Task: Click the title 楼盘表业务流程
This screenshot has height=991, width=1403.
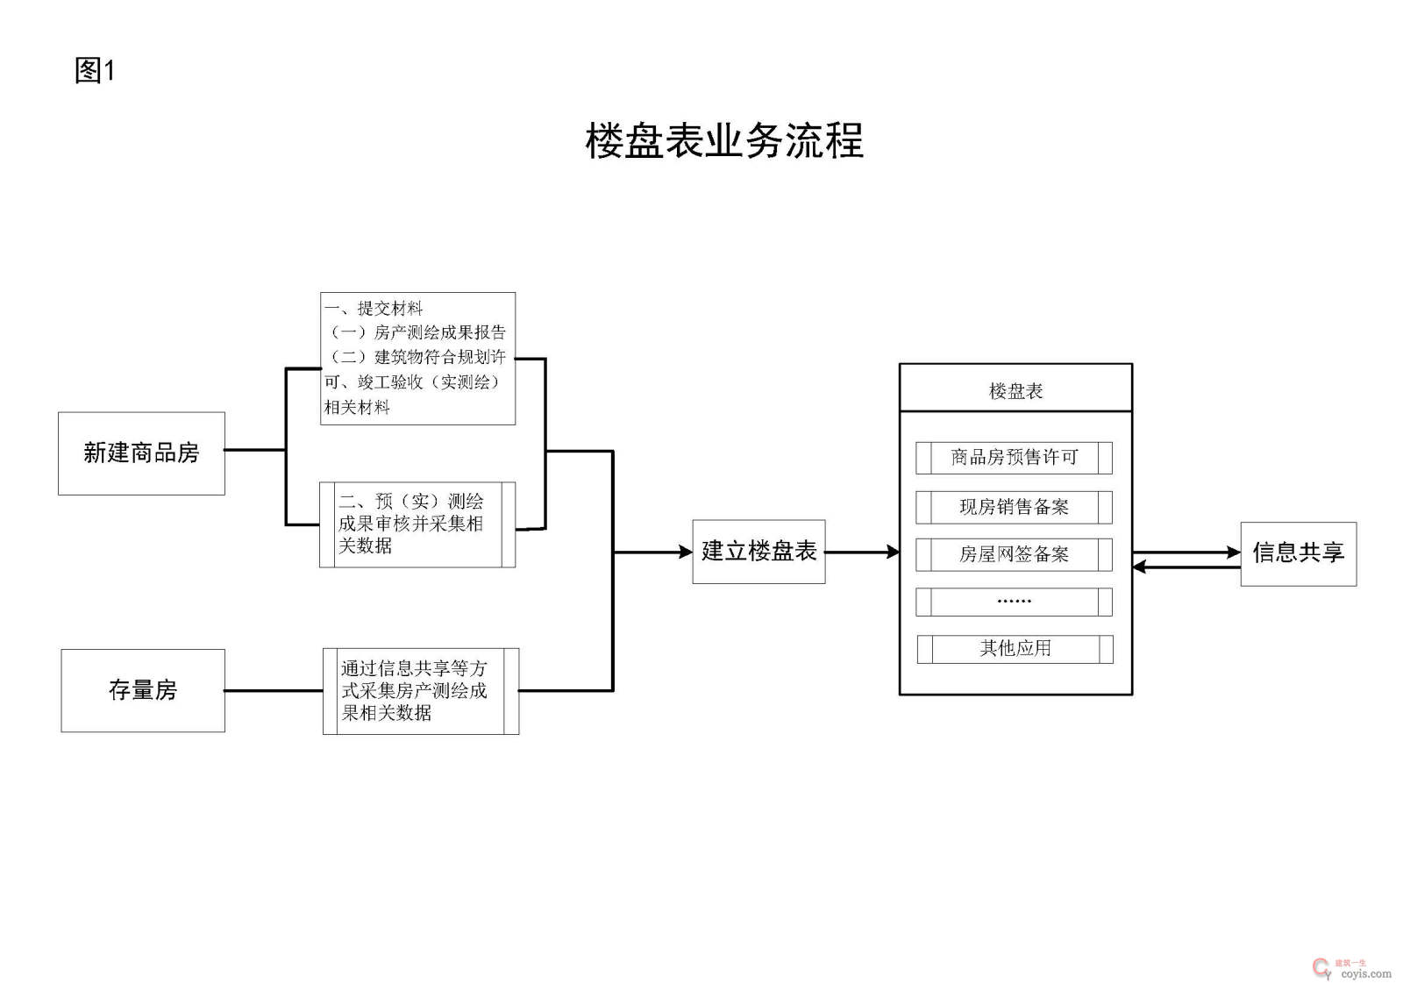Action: click(x=724, y=141)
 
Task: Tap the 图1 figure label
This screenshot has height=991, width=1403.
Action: click(x=95, y=70)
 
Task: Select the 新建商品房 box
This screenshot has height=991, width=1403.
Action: click(x=141, y=453)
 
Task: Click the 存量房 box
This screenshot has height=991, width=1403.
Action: click(x=143, y=690)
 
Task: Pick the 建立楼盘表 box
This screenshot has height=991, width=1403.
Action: click(x=758, y=552)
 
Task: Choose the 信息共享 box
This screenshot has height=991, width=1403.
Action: click(x=1298, y=553)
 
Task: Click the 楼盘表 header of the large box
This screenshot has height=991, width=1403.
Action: click(x=1015, y=390)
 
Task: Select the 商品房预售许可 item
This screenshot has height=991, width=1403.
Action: click(x=1014, y=458)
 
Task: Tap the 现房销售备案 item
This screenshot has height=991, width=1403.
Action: click(x=1014, y=507)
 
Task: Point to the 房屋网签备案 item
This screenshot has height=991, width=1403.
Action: click(x=1014, y=554)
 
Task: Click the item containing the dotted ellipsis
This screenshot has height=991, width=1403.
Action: click(x=1014, y=602)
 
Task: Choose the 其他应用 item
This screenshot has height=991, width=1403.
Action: click(x=1015, y=649)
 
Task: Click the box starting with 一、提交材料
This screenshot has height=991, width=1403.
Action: click(x=417, y=359)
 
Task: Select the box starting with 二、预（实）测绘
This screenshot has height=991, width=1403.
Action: click(x=417, y=524)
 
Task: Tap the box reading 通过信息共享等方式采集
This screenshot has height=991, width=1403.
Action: click(x=421, y=691)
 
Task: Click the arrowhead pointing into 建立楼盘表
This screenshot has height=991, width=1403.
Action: click(x=686, y=553)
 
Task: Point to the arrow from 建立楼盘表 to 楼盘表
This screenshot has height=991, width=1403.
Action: click(x=862, y=553)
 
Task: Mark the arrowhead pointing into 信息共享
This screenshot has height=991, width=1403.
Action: click(x=1234, y=553)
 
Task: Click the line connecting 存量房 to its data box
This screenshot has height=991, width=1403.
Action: click(x=274, y=691)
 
